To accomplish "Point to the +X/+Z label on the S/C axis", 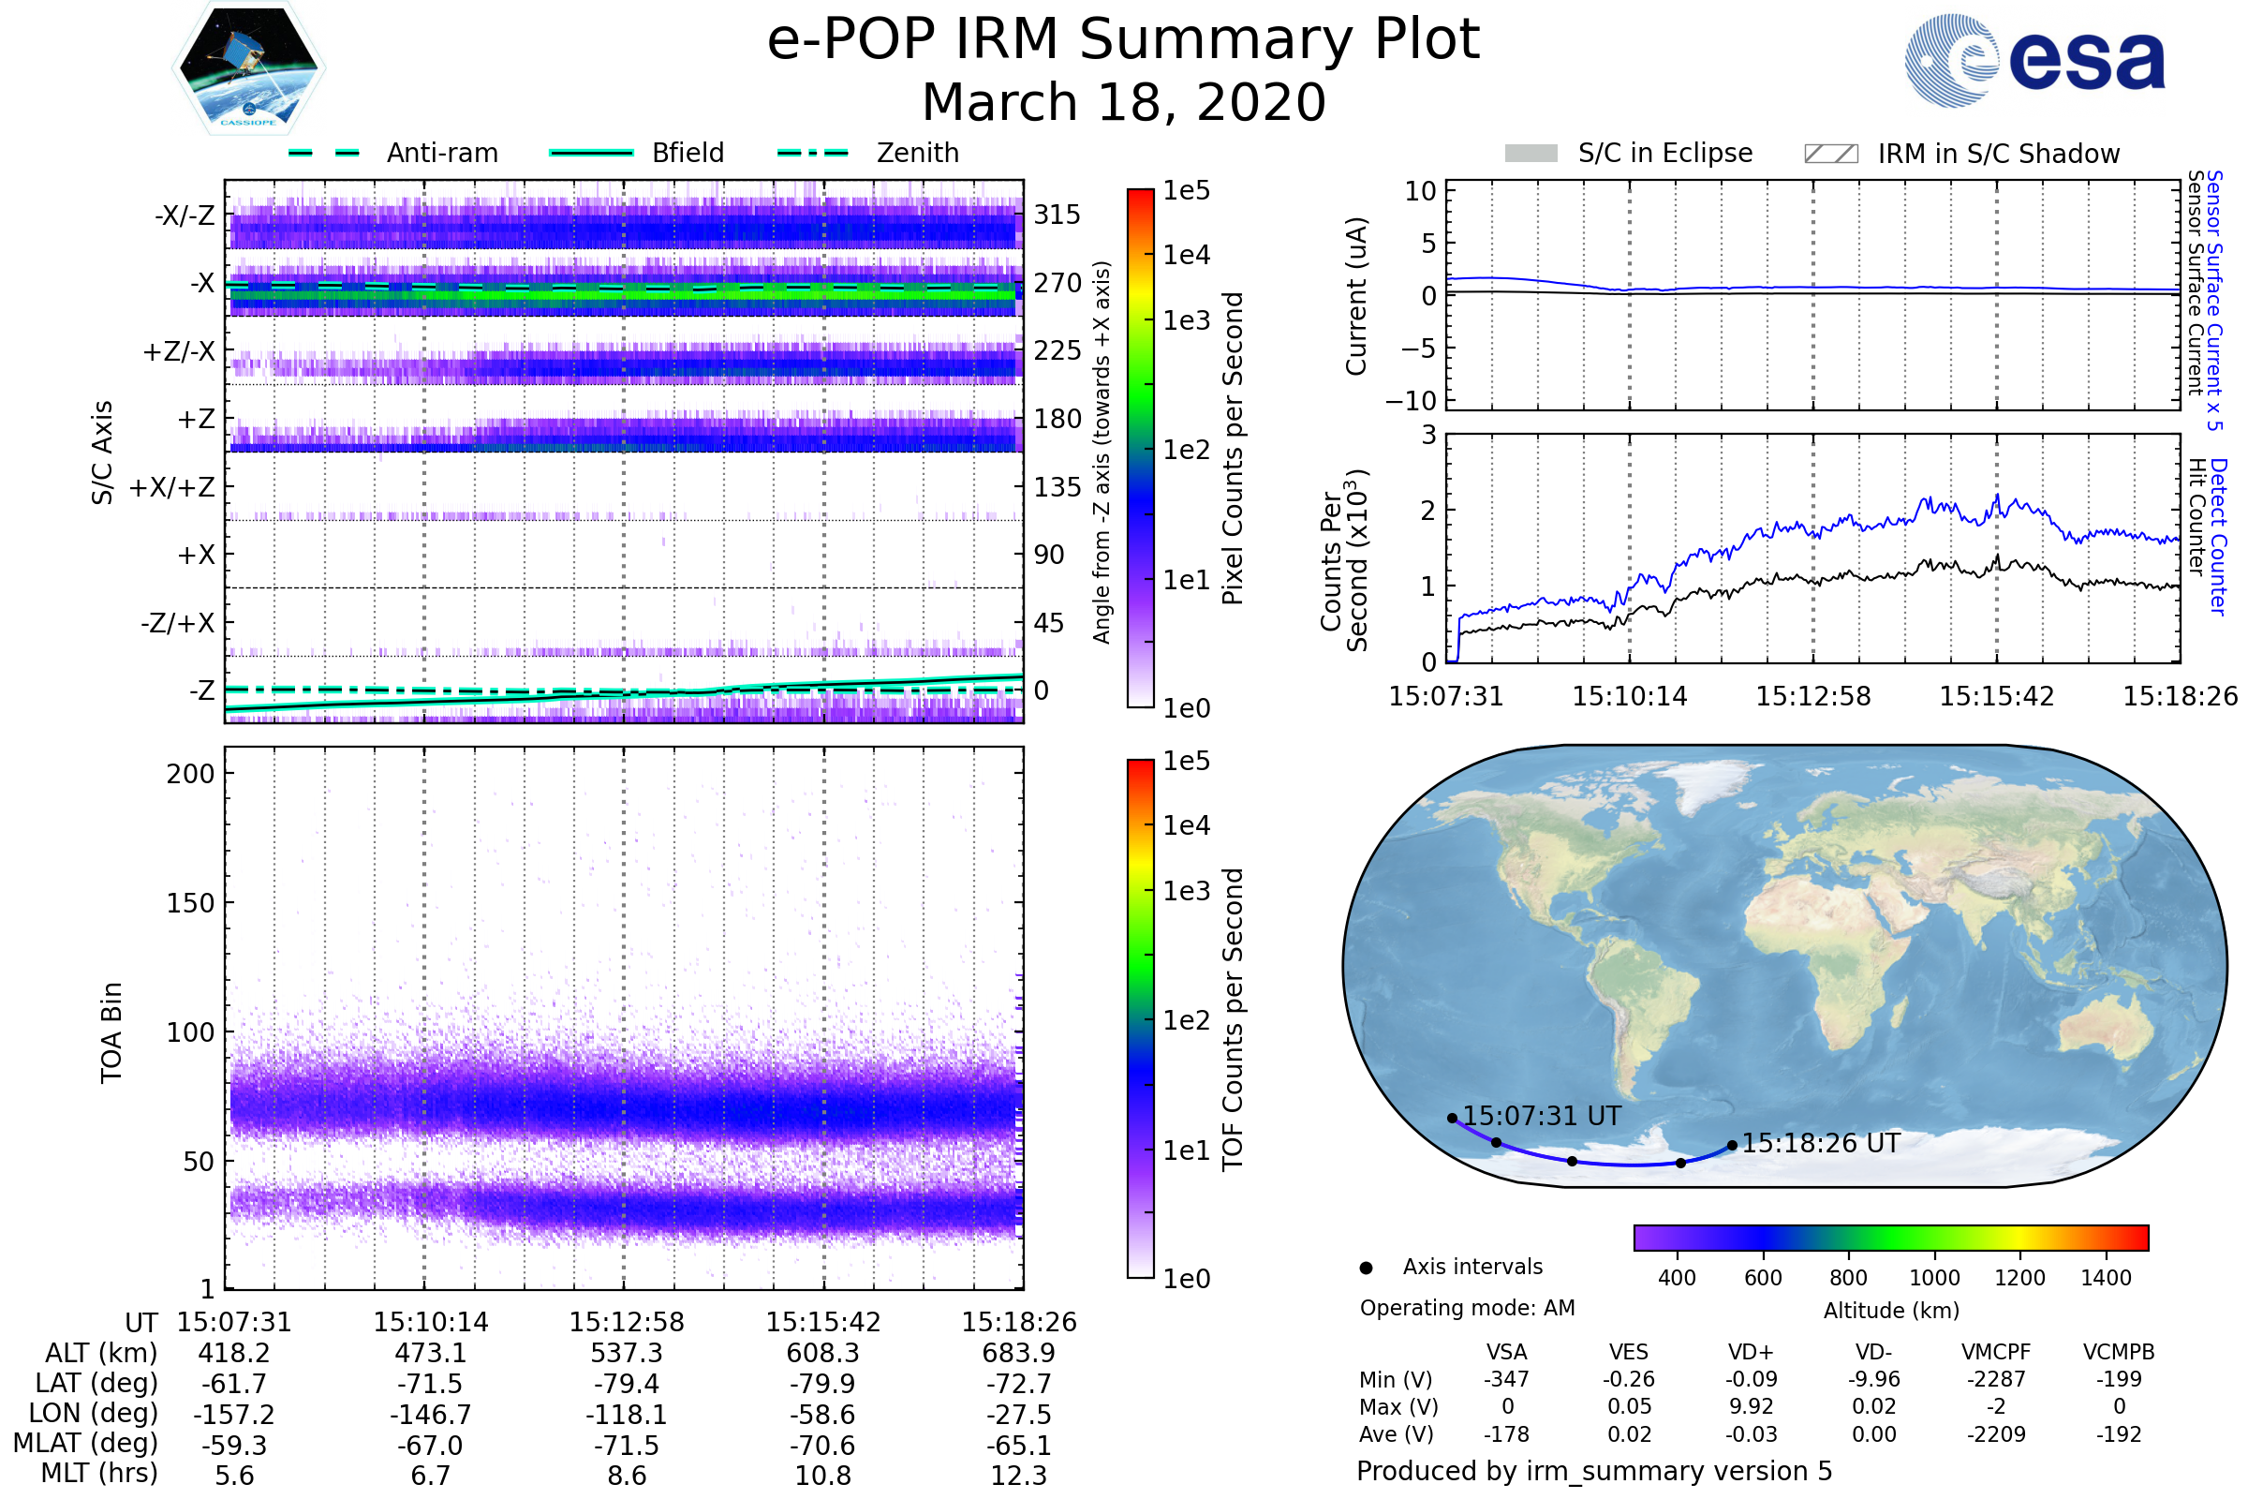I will (172, 487).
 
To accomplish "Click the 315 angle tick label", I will (1057, 215).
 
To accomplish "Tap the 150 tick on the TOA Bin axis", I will (190, 903).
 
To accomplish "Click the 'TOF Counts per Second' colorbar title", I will (1233, 1019).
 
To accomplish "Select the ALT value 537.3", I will (626, 1354).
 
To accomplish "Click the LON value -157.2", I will (234, 1415).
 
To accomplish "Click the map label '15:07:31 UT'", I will (1542, 1117).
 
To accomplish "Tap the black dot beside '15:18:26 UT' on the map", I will (1732, 1145).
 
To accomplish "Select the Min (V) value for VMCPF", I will (1996, 1379).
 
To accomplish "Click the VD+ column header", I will (1751, 1353).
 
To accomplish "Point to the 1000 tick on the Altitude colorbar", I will (1934, 1278).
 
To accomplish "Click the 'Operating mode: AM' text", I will (1467, 1308).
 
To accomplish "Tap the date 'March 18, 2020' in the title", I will (1124, 102).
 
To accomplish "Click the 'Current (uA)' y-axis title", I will (1356, 296).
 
